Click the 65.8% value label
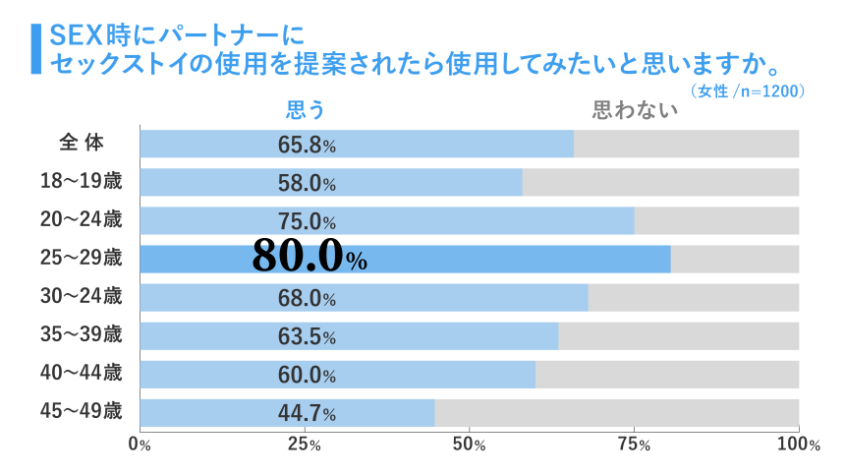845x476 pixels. coord(307,145)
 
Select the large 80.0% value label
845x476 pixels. coord(309,259)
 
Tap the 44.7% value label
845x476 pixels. coord(307,413)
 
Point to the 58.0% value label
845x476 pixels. coord(307,183)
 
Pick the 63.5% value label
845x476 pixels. coord(307,336)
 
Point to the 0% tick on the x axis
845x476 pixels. coord(141,445)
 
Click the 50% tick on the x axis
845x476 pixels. coord(469,445)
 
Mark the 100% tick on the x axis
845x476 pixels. coord(798,445)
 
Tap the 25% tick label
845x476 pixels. coord(305,445)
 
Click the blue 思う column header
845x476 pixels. coord(305,109)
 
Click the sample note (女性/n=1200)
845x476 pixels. coord(748,91)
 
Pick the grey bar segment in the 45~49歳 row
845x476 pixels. coord(616,413)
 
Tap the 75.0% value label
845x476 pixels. coord(307,221)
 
